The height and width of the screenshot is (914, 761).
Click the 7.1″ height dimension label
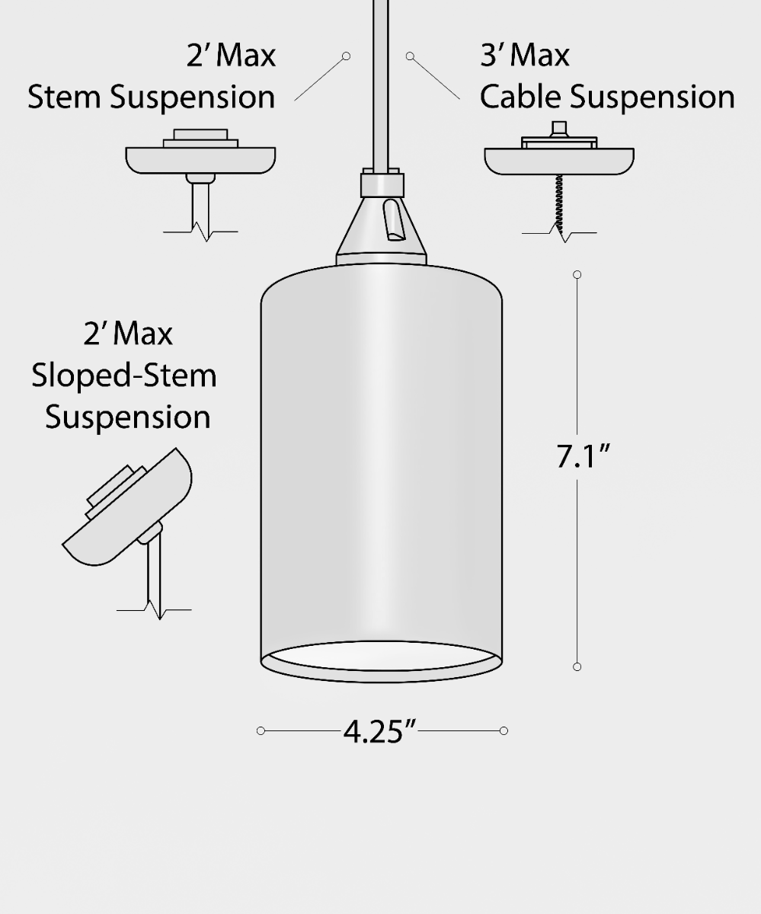pyautogui.click(x=582, y=456)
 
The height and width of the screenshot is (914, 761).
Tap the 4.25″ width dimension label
pyautogui.click(x=379, y=731)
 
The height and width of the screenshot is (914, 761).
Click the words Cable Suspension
pyautogui.click(x=607, y=97)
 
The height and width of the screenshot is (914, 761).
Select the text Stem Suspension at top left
pyautogui.click(x=152, y=97)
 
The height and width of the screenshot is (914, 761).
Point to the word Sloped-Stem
pyautogui.click(x=124, y=376)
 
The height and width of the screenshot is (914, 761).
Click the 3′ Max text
pyautogui.click(x=525, y=56)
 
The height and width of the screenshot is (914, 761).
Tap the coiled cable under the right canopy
pyautogui.click(x=559, y=203)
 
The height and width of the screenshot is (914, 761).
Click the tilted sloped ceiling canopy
pyautogui.click(x=127, y=507)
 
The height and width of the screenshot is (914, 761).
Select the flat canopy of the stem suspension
pyautogui.click(x=200, y=160)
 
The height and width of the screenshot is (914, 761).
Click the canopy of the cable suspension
pyautogui.click(x=559, y=161)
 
